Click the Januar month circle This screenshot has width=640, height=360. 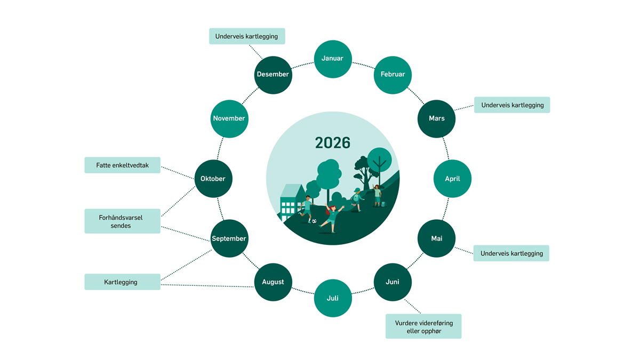[x=332, y=59]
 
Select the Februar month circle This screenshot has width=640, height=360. [x=393, y=75]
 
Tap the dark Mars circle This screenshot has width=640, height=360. [x=436, y=118]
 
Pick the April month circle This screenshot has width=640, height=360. [x=452, y=179]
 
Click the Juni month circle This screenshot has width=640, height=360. [x=393, y=282]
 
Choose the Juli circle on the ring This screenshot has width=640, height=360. [x=332, y=298]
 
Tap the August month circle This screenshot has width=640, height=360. [x=273, y=282]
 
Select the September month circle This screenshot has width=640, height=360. [x=229, y=238]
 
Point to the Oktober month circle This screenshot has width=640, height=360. [x=213, y=179]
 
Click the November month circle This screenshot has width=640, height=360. [x=229, y=118]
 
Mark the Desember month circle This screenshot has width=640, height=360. [x=273, y=75]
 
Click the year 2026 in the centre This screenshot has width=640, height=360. [x=332, y=143]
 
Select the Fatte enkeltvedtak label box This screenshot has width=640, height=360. [x=122, y=165]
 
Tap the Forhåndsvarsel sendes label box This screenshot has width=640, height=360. [x=122, y=221]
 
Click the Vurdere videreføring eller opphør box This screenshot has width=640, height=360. [x=423, y=326]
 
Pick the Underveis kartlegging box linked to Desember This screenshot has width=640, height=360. [x=247, y=36]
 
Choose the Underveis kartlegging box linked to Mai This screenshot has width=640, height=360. [x=511, y=253]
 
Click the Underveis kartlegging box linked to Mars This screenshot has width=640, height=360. [x=512, y=105]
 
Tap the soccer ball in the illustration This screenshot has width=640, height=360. [x=314, y=221]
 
